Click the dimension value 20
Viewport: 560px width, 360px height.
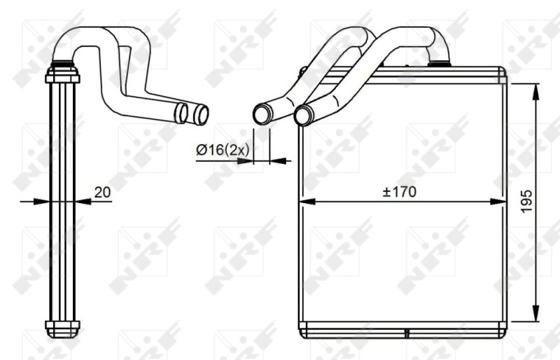pyautogui.click(x=102, y=191)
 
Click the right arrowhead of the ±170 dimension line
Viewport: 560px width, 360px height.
pyautogui.click(x=498, y=202)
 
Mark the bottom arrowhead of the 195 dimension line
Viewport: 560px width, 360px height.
pyautogui.click(x=537, y=314)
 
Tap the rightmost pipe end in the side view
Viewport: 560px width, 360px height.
pyautogui.click(x=201, y=113)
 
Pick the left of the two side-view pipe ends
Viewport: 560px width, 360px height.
pyautogui.click(x=181, y=113)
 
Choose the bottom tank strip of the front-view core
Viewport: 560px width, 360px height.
pyautogui.click(x=402, y=327)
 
